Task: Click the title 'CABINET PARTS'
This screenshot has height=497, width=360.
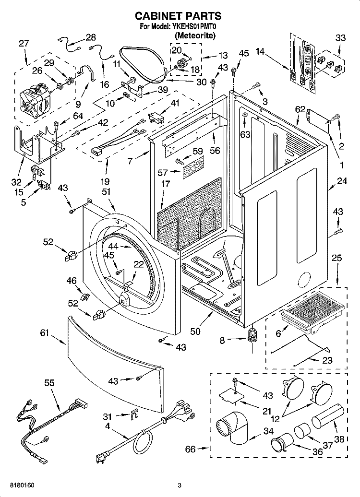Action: coord(178,16)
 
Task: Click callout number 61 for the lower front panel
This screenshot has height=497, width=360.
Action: coord(45,333)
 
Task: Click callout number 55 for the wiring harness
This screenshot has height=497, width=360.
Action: coord(49,383)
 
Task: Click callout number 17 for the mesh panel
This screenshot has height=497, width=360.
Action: coord(166,184)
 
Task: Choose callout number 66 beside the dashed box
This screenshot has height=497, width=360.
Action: coord(191,449)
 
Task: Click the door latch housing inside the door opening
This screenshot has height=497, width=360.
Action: coord(123,299)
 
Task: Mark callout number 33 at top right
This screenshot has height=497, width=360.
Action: coord(340,38)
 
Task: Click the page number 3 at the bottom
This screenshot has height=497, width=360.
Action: coord(179,485)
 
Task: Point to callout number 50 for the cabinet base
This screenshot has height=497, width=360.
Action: coord(195,331)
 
